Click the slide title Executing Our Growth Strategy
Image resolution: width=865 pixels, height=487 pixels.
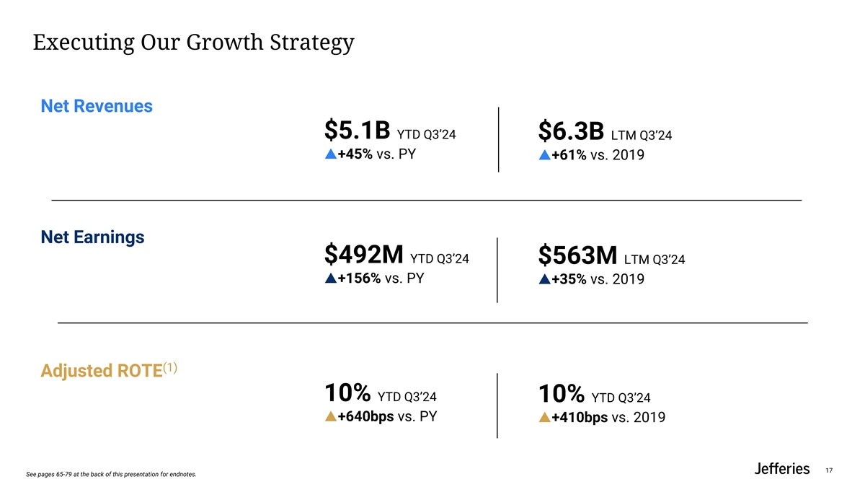coord(193,43)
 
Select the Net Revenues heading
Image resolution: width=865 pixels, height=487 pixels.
coord(97,107)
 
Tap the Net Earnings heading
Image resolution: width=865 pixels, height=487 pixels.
coord(92,237)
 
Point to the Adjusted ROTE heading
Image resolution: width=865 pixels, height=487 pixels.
coord(101,371)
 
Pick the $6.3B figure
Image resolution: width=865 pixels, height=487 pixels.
coord(571,132)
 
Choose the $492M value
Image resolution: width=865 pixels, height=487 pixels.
coord(363,255)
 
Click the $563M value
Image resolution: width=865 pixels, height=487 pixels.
coord(577,256)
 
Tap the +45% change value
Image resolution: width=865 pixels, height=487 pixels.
coord(355,154)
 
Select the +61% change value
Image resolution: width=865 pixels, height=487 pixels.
coord(569,156)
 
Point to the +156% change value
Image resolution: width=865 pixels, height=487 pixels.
coord(359,278)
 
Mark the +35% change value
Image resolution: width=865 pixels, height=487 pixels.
coord(569,280)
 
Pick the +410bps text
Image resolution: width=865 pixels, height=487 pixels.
coord(579,418)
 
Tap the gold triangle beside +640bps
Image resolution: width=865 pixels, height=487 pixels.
coord(330,416)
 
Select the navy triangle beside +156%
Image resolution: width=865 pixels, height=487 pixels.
coord(330,278)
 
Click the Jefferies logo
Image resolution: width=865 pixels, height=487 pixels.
coord(781,469)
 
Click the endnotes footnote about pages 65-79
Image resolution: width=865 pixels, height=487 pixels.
coord(110,475)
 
